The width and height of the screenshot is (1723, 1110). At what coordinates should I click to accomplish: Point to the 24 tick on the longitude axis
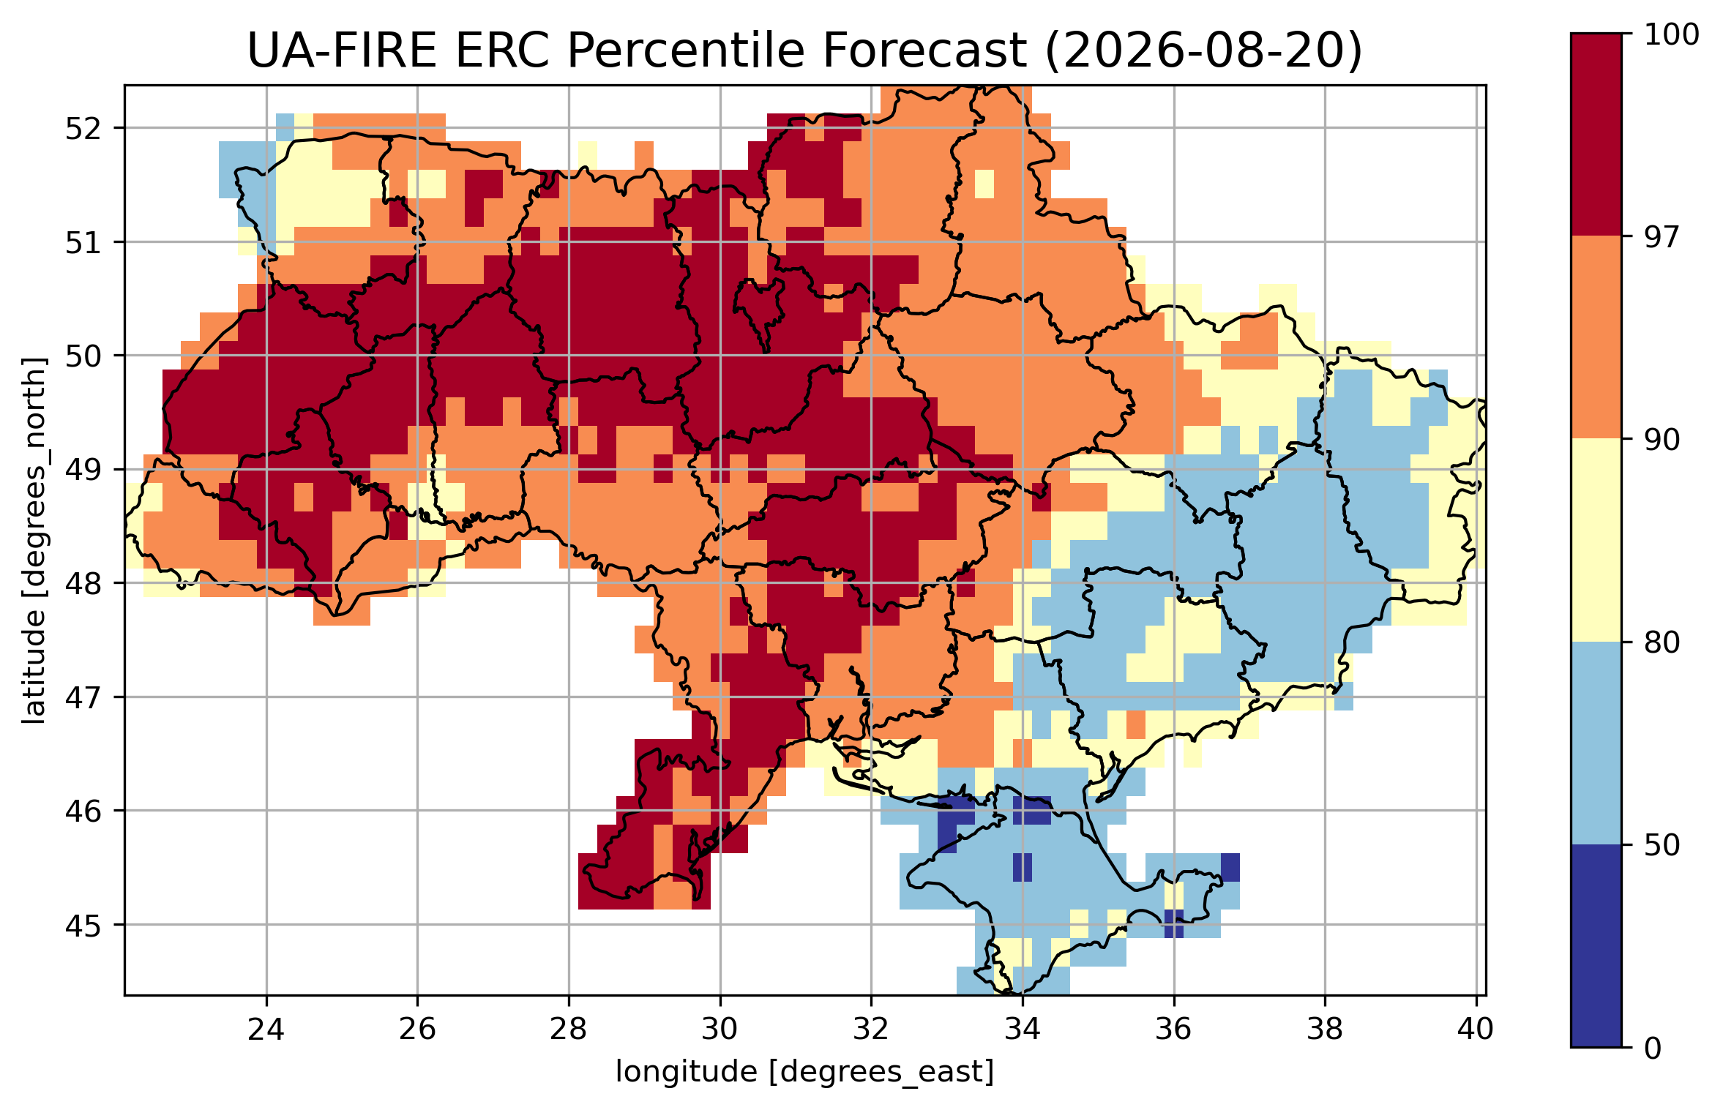pos(266,1030)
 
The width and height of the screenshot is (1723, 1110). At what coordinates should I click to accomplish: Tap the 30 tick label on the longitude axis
pos(720,1030)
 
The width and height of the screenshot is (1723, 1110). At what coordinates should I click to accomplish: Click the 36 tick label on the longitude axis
pos(1173,1030)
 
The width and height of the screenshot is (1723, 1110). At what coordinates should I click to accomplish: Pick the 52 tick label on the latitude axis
pos(83,129)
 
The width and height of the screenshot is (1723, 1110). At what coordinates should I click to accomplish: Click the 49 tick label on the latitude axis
pos(83,470)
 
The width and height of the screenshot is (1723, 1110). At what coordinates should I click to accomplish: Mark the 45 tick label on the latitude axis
pos(83,926)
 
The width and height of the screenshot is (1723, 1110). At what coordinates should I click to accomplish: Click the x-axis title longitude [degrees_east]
pos(805,1072)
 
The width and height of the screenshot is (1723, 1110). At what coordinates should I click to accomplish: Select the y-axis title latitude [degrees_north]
pos(34,541)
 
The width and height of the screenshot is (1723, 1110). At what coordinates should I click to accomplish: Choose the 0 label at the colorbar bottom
pos(1653,1049)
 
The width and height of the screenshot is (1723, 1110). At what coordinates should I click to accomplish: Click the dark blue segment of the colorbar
pos(1596,946)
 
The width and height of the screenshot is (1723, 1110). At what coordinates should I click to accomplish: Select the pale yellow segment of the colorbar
pos(1596,540)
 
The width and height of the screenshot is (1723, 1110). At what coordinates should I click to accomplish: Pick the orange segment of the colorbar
pos(1596,337)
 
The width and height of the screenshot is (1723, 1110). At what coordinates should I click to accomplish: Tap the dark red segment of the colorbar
pos(1596,135)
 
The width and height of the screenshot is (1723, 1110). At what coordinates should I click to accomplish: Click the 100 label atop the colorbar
pos(1671,34)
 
